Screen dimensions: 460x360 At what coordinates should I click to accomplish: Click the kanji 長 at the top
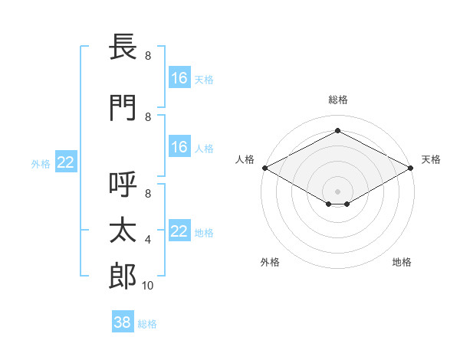point(123,46)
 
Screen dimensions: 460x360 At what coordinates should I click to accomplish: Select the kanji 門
point(123,107)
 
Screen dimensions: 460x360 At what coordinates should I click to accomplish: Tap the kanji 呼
point(123,184)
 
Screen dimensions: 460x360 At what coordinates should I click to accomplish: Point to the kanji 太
point(123,230)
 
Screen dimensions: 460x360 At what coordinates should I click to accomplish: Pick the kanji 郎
point(123,277)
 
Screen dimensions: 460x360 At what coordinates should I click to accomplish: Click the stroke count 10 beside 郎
point(147,286)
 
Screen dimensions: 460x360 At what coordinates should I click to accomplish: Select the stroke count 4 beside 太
point(148,240)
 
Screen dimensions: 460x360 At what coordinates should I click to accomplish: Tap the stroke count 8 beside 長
point(148,55)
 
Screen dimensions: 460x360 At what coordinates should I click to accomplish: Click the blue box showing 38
point(123,321)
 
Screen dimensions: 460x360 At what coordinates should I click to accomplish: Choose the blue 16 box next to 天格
point(180,77)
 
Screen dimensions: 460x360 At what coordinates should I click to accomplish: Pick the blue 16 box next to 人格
point(180,146)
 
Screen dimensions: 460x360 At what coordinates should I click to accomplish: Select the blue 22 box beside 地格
point(180,230)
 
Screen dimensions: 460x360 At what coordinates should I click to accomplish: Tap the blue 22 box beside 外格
point(66,162)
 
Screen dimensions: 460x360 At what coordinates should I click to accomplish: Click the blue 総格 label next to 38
point(147,324)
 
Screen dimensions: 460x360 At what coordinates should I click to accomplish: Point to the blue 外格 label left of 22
point(41,164)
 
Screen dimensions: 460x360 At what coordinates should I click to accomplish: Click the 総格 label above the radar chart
point(338,100)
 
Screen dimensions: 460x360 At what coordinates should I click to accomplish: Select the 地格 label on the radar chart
point(402,262)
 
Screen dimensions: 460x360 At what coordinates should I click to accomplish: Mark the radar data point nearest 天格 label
point(411,168)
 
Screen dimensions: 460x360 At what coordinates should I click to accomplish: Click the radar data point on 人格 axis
point(265,168)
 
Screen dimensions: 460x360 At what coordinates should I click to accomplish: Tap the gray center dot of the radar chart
point(337,191)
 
